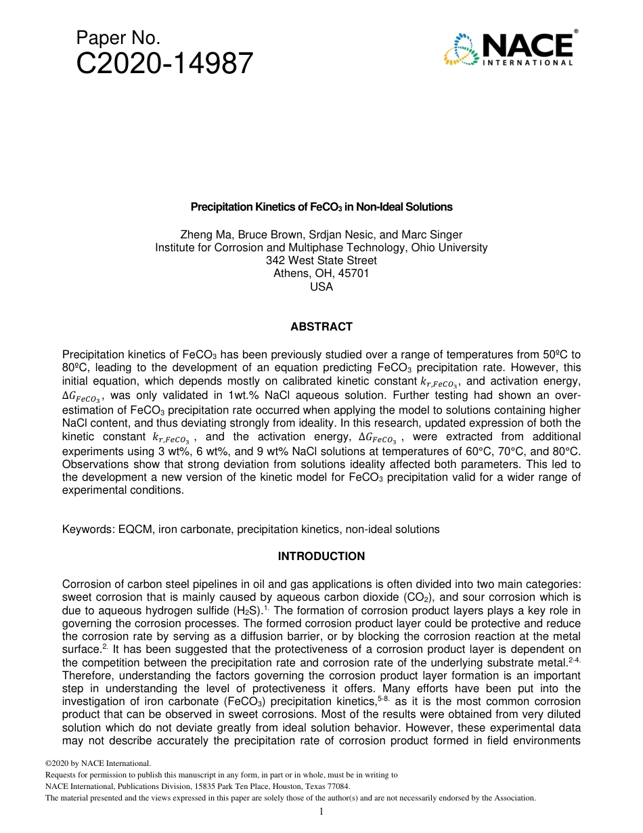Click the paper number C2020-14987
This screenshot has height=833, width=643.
[164, 65]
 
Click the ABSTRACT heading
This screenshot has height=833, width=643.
[321, 326]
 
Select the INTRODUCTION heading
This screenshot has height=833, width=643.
[321, 556]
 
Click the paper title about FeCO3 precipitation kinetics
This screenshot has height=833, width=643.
[321, 207]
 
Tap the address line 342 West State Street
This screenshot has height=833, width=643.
[321, 261]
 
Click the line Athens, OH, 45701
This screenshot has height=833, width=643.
[321, 274]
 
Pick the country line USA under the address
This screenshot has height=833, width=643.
[321, 286]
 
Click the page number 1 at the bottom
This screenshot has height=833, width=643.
[321, 812]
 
